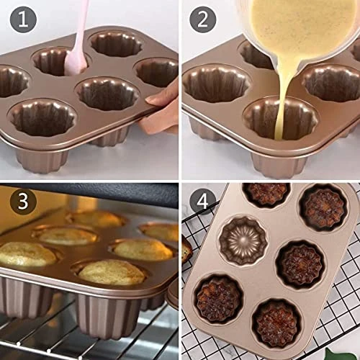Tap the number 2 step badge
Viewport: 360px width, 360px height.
[202, 19]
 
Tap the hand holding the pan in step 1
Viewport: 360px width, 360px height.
[162, 108]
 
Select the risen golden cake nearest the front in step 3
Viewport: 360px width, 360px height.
[112, 272]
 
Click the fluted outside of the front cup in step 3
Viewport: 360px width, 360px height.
[108, 317]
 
